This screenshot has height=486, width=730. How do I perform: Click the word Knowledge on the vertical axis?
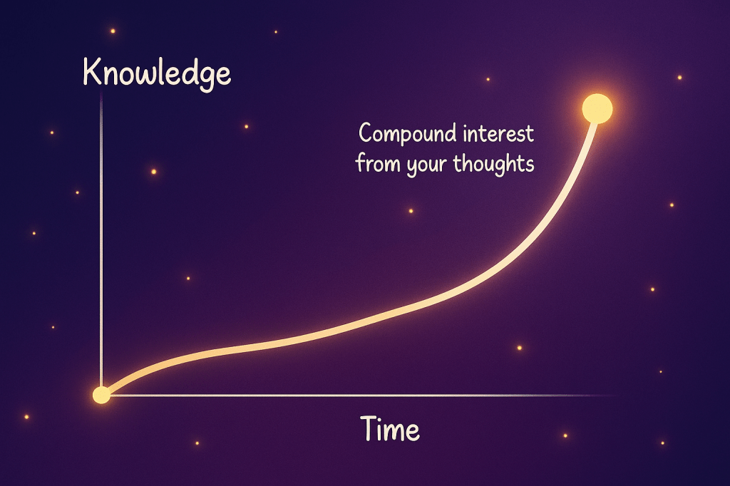[157, 74]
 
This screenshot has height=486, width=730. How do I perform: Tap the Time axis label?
[390, 429]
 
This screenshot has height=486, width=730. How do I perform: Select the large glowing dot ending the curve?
[597, 109]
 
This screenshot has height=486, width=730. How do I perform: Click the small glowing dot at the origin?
[101, 395]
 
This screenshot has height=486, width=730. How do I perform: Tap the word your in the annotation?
[426, 166]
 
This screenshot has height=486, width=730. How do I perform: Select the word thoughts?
[493, 165]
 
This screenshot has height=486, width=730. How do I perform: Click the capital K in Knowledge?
[93, 72]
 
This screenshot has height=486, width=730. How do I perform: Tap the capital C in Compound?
[366, 133]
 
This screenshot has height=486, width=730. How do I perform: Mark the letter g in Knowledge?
[207, 78]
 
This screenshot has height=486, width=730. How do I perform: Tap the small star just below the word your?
[411, 211]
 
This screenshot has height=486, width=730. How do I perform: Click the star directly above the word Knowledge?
[113, 31]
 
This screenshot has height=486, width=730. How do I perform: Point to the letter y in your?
[412, 168]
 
